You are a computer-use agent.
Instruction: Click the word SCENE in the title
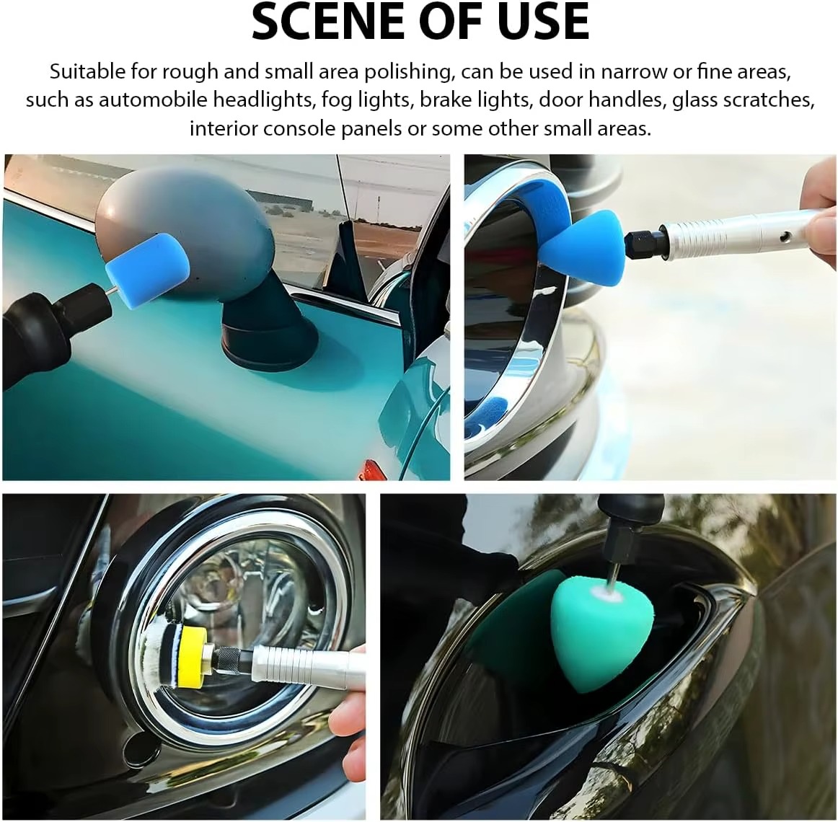(x=330, y=22)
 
